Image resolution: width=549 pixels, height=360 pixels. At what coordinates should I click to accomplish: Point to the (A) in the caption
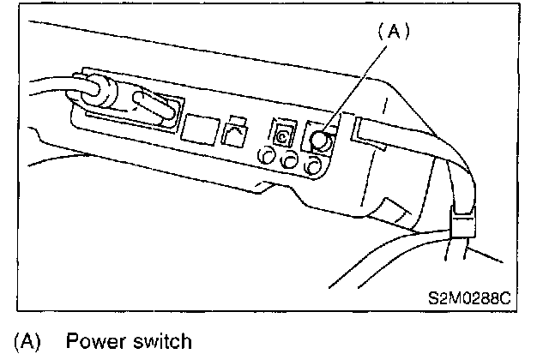27,343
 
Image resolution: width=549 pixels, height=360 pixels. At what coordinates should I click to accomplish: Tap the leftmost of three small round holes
268,157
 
